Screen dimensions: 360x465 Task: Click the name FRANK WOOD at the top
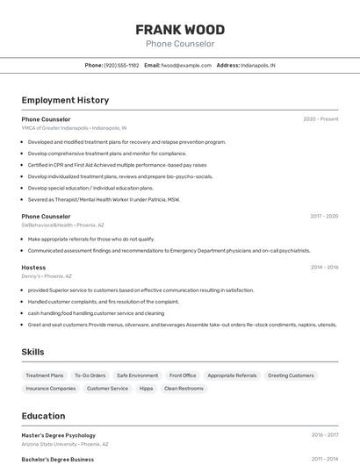[x=179, y=29]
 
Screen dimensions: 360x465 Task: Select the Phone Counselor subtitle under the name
[x=179, y=43]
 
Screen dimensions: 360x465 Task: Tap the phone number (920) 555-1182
[x=121, y=65]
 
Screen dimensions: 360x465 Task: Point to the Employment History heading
[x=65, y=100]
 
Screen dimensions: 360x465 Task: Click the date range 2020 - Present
[x=320, y=118]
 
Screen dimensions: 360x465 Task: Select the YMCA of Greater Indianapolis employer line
[x=74, y=128]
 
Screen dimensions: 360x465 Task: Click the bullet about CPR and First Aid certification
[x=117, y=164]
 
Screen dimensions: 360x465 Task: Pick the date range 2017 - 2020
[x=324, y=216]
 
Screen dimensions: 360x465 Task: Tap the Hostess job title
[x=33, y=267]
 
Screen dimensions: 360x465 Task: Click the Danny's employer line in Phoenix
[x=47, y=276]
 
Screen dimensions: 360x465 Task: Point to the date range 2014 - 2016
[x=324, y=267]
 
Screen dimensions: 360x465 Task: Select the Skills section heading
[x=32, y=352]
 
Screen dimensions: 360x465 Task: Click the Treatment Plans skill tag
[x=45, y=376]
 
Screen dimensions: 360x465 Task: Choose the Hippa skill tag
[x=146, y=388]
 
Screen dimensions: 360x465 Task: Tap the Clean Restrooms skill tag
[x=184, y=388]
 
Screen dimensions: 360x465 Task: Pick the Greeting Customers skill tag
[x=291, y=376]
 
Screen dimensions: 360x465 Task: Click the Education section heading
[x=43, y=416]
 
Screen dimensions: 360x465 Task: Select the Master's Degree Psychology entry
[x=58, y=434]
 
